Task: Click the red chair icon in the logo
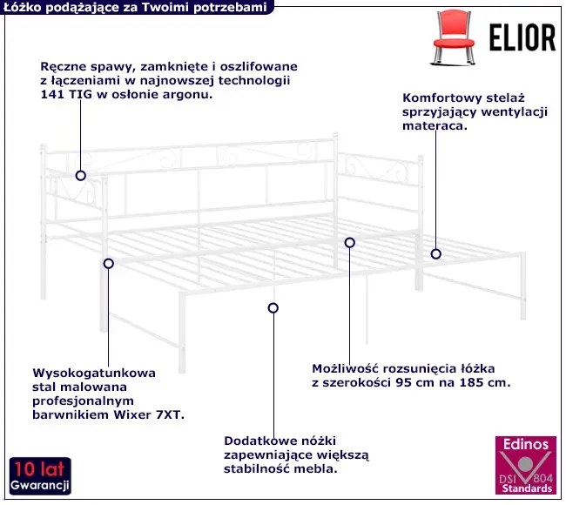[x=454, y=37]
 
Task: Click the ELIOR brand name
[x=522, y=37]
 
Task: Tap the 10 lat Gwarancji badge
[x=40, y=475]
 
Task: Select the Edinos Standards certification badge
[x=526, y=465]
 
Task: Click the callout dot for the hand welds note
[x=80, y=176]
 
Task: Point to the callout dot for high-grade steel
[x=108, y=264]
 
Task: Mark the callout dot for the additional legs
[x=273, y=308]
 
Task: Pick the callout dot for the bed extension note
[x=349, y=243]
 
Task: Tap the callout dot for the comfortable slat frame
[x=435, y=254]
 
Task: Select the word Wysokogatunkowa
[x=94, y=373]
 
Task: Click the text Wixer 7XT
[x=149, y=414]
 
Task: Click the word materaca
[x=435, y=126]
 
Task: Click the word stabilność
[x=257, y=469]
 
